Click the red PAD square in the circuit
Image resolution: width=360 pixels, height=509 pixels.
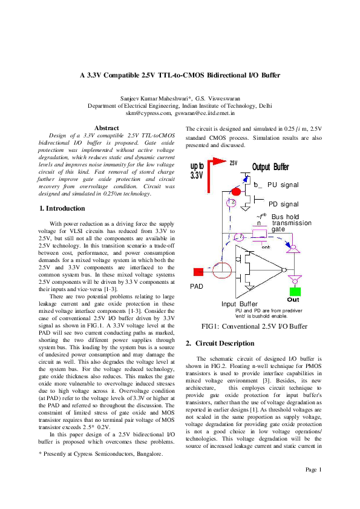click(197, 271)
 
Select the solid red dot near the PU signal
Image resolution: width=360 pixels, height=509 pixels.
click(237, 192)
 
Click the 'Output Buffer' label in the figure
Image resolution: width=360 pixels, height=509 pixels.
click(270, 167)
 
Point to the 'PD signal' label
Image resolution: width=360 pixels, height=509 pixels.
click(284, 205)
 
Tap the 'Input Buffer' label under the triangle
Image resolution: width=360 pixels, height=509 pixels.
click(240, 304)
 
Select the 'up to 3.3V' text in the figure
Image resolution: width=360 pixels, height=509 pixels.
click(197, 171)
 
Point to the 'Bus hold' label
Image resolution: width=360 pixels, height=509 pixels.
click(285, 217)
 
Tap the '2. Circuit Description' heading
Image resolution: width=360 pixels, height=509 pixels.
click(220, 344)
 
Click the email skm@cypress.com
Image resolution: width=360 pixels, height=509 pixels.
click(148, 113)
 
